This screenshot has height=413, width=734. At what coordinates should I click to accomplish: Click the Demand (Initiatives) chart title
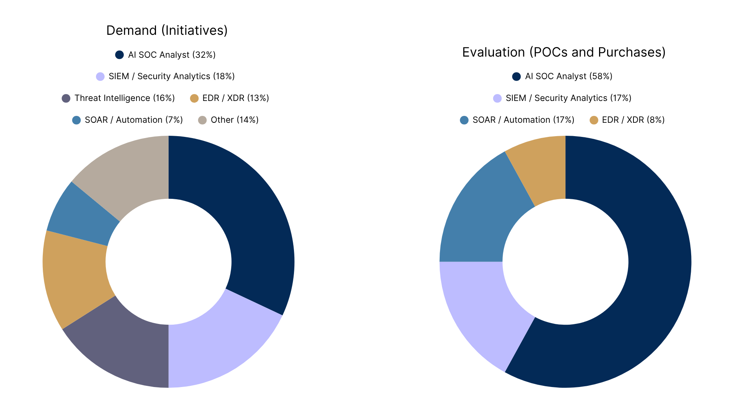coord(167,31)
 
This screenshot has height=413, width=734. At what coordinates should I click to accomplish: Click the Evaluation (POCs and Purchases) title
coord(564,52)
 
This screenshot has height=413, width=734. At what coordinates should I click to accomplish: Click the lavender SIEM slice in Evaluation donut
coord(486,310)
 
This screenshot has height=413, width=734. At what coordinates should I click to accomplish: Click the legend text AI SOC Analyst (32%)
coord(172,55)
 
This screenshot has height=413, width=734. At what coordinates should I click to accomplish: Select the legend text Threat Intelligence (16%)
coord(125,98)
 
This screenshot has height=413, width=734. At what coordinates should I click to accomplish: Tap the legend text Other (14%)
coord(235,120)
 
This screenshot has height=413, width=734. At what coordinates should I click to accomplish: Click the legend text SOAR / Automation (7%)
coord(134,120)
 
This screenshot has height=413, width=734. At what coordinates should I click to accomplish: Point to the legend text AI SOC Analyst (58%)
coord(569,76)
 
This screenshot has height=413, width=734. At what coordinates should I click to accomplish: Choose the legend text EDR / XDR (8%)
coord(633,120)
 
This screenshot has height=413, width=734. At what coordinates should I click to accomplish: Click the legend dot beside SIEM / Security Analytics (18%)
coord(100,76)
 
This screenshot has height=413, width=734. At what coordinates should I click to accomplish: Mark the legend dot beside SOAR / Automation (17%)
coord(464,120)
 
